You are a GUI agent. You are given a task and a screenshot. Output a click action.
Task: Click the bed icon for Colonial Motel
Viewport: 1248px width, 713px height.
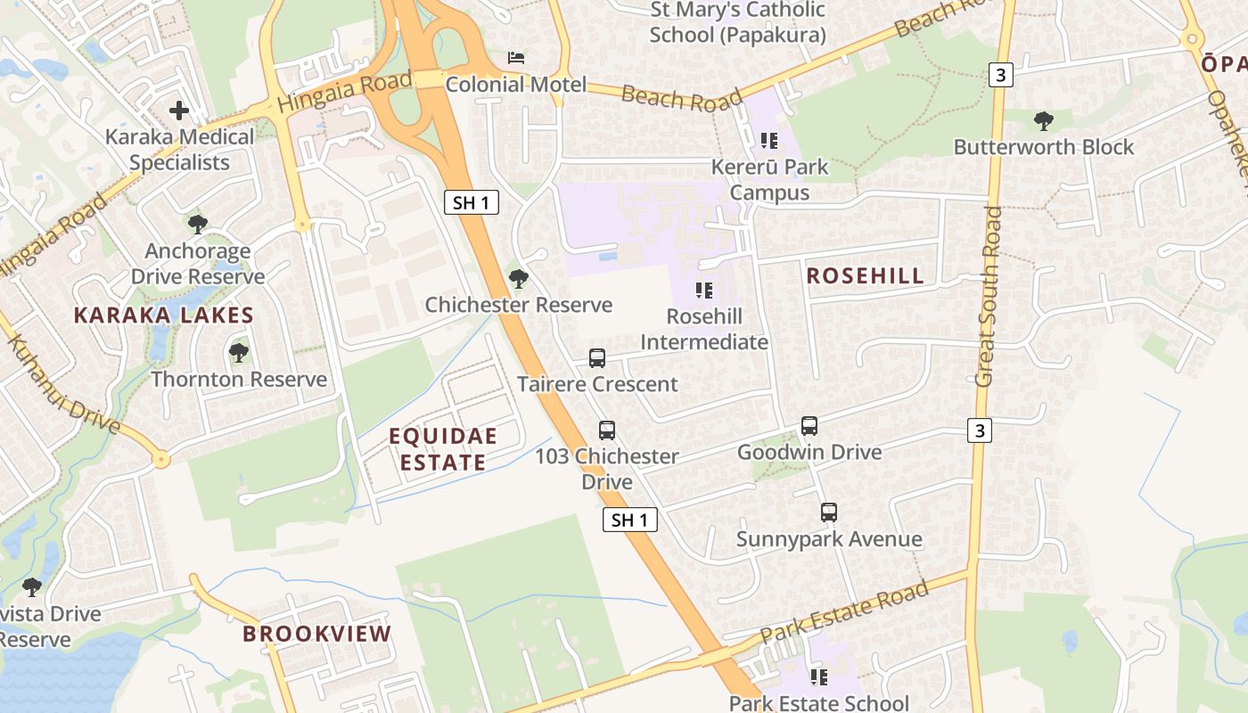516,58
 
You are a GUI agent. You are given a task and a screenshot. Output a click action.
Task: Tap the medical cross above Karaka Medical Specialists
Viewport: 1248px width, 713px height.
179,111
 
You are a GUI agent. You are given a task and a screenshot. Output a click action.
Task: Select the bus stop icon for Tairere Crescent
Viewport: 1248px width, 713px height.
597,358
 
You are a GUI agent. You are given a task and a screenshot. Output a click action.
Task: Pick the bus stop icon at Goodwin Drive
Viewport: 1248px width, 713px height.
809,426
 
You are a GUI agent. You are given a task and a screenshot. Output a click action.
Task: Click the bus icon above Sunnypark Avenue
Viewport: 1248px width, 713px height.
829,512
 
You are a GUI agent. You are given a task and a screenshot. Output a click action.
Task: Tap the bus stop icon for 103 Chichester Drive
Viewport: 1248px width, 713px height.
607,430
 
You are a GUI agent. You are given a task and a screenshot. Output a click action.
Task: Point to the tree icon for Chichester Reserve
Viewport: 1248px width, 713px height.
518,279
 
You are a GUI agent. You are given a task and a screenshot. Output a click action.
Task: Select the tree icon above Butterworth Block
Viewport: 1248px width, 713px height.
1043,121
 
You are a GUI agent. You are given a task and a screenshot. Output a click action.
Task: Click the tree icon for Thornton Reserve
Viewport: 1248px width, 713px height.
238,353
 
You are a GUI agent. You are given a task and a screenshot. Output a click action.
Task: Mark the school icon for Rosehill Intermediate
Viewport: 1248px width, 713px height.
704,291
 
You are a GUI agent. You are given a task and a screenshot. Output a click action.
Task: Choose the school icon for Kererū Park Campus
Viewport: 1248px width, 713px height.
769,141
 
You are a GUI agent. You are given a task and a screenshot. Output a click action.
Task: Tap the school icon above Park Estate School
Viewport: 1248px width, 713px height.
818,677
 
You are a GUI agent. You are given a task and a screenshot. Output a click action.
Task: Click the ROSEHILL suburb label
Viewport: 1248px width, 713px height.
865,276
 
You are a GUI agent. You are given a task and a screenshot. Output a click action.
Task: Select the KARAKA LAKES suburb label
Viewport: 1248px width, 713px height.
164,316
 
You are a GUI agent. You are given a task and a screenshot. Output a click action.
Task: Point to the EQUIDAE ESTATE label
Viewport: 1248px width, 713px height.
443,449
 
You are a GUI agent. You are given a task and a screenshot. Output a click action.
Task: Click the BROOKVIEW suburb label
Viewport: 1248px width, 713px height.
317,635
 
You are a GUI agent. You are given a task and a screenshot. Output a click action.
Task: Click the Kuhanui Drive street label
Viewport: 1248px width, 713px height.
62,383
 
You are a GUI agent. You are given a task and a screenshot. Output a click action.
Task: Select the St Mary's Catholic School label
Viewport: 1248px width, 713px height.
737,22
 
